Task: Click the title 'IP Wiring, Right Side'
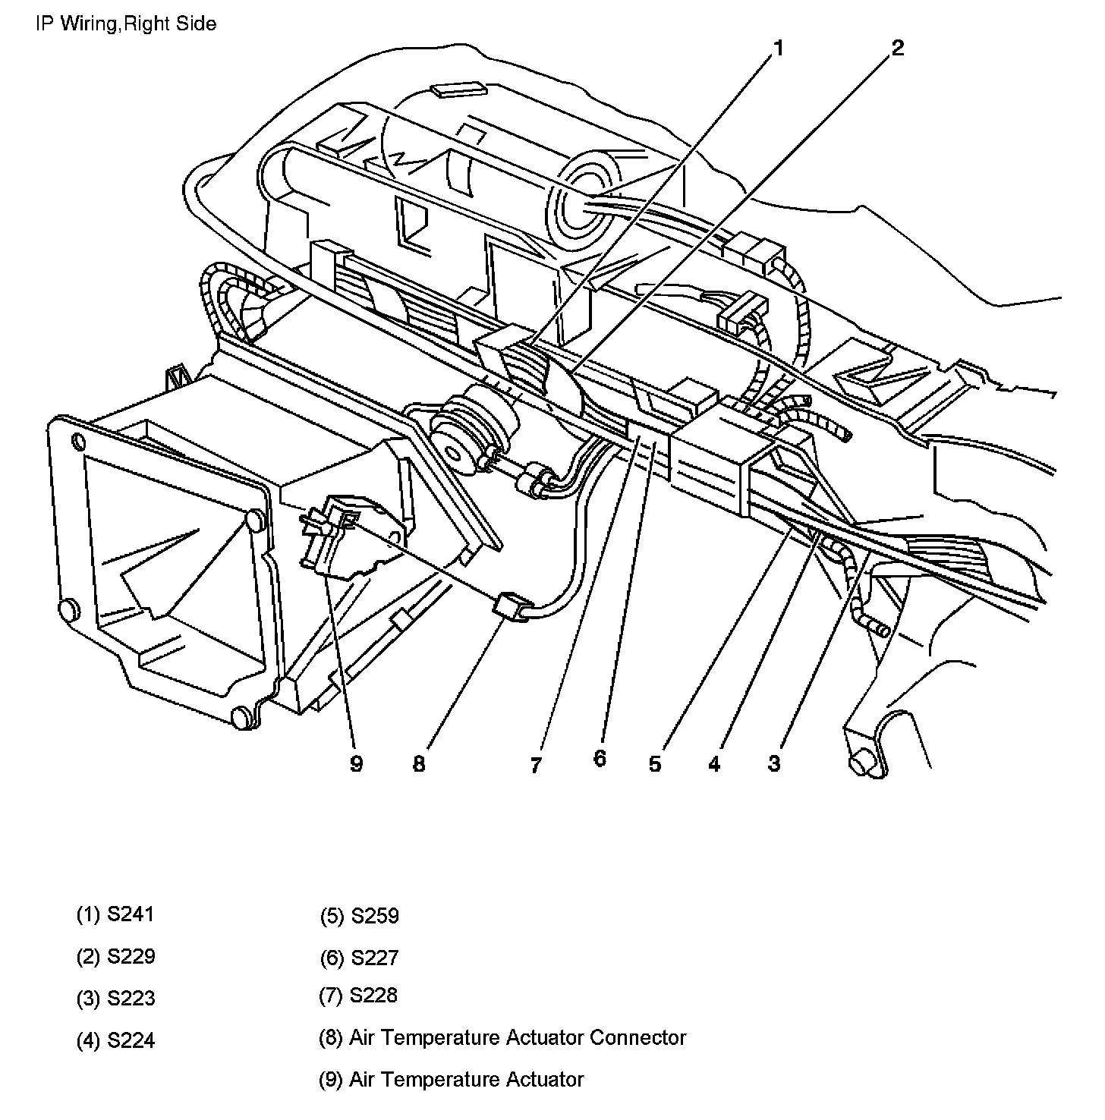click(x=126, y=24)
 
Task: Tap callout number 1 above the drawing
click(x=778, y=49)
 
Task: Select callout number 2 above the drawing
click(x=898, y=49)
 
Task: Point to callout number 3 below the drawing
click(x=773, y=763)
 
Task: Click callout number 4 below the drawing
click(x=714, y=764)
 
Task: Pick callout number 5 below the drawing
click(x=655, y=763)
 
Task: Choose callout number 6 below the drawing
click(x=600, y=758)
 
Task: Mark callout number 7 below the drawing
click(x=536, y=765)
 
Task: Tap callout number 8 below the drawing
click(x=419, y=763)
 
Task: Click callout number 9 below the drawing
click(x=357, y=763)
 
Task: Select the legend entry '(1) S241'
click(x=115, y=914)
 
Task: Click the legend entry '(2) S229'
click(x=115, y=956)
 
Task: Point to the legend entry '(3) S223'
click(x=115, y=998)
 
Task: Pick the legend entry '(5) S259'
click(x=359, y=916)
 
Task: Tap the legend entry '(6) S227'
click(x=359, y=958)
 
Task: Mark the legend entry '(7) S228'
click(x=358, y=996)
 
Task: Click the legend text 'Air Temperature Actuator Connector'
click(x=518, y=1037)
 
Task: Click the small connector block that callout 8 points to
click(x=511, y=608)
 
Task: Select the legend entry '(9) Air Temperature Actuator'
click(x=452, y=1079)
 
